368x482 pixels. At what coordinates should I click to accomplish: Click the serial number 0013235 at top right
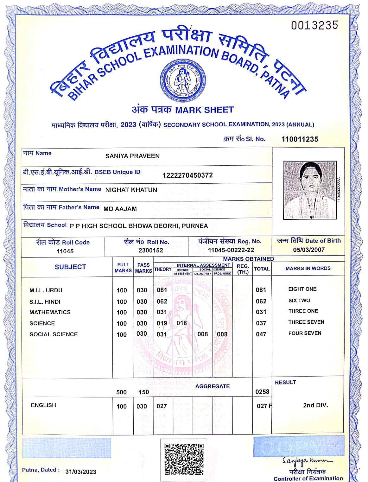pyautogui.click(x=314, y=25)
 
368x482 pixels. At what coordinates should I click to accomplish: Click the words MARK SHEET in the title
pyautogui.click(x=204, y=110)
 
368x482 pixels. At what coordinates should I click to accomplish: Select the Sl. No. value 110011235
pyautogui.click(x=300, y=139)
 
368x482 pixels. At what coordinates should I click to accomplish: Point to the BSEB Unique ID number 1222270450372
pyautogui.click(x=187, y=175)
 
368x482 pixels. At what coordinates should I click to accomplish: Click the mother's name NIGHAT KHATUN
pyautogui.click(x=131, y=190)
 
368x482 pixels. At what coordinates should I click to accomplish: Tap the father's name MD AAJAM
pyautogui.click(x=120, y=209)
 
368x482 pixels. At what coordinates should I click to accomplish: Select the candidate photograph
pyautogui.click(x=310, y=190)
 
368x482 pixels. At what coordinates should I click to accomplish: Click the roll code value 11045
pyautogui.click(x=65, y=251)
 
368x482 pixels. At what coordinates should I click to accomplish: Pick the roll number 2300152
pyautogui.click(x=151, y=251)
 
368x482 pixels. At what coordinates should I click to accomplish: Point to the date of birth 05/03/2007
pyautogui.click(x=309, y=250)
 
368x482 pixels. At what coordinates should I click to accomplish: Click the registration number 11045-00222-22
pyautogui.click(x=231, y=250)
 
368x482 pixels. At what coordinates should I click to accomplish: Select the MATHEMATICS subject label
pyautogui.click(x=50, y=312)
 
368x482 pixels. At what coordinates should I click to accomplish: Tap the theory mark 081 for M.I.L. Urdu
pyautogui.click(x=162, y=290)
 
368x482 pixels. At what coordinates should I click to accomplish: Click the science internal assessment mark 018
pyautogui.click(x=181, y=323)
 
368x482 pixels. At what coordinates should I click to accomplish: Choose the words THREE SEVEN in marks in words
pyautogui.click(x=306, y=322)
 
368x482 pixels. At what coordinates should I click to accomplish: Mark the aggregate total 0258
pyautogui.click(x=262, y=392)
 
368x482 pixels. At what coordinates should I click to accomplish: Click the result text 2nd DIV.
pyautogui.click(x=315, y=405)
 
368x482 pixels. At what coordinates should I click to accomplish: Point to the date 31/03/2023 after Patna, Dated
pyautogui.click(x=81, y=472)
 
